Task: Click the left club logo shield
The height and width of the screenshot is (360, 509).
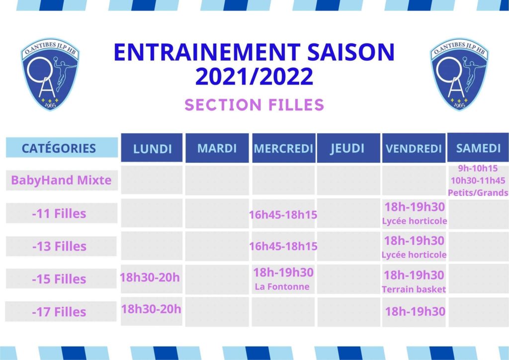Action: pyautogui.click(x=50, y=74)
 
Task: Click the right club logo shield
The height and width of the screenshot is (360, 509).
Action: pyautogui.click(x=460, y=74)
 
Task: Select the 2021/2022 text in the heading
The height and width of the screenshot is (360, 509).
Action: pyautogui.click(x=254, y=77)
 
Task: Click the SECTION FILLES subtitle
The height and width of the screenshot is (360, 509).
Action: pyautogui.click(x=254, y=105)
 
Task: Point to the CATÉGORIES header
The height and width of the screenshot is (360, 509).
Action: pyautogui.click(x=59, y=148)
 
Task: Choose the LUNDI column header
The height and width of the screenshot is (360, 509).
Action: pyautogui.click(x=152, y=149)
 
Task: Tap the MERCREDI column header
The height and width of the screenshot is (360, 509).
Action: pyautogui.click(x=283, y=148)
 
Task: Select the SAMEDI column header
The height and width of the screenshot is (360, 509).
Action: pyautogui.click(x=478, y=148)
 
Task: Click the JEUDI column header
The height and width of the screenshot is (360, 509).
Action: pyautogui.click(x=347, y=148)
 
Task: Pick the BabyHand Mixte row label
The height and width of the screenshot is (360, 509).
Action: pyautogui.click(x=61, y=180)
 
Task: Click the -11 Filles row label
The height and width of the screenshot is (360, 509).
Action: pyautogui.click(x=59, y=214)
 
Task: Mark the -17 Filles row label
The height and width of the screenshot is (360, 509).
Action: pyautogui.click(x=59, y=312)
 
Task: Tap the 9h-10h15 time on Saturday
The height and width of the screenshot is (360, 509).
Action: pyautogui.click(x=478, y=169)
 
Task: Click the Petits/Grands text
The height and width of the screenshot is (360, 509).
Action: pyautogui.click(x=478, y=193)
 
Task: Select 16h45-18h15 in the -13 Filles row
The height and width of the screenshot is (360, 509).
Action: pyautogui.click(x=283, y=247)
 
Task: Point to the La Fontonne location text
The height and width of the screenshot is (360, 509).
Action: pyautogui.click(x=282, y=286)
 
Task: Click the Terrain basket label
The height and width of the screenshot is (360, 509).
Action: pyautogui.click(x=414, y=289)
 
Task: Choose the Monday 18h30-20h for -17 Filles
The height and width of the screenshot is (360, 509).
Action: pyautogui.click(x=151, y=309)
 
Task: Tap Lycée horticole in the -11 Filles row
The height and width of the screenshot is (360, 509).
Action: pyautogui.click(x=415, y=221)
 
